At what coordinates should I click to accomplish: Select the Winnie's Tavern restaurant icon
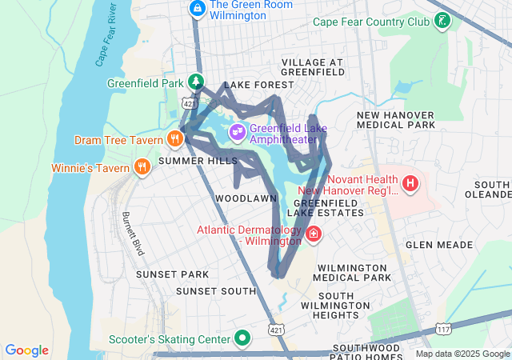coord(142,167)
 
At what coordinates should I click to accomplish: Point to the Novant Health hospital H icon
coord(410,184)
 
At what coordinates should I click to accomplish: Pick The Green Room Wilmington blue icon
coord(197,8)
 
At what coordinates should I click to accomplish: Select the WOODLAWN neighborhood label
coord(246,198)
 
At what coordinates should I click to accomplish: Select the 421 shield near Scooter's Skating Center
coord(277,330)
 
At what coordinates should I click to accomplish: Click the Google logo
coord(27,350)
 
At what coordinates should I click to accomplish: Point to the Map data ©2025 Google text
coord(462,354)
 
